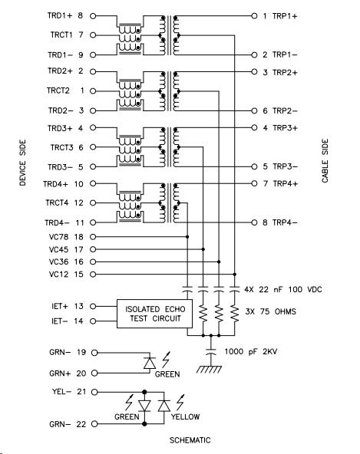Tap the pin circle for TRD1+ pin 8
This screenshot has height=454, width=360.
pyautogui.click(x=93, y=16)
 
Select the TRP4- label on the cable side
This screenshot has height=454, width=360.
pyautogui.click(x=285, y=222)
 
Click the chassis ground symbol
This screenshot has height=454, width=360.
pyautogui.click(x=209, y=369)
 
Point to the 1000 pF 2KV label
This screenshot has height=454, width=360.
pyautogui.click(x=251, y=351)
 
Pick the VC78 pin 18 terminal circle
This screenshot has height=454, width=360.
pyautogui.click(x=93, y=237)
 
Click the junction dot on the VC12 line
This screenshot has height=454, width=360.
pyautogui.click(x=234, y=275)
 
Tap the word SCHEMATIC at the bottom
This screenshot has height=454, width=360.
pyautogui.click(x=190, y=440)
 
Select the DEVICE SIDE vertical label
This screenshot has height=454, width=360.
pyautogui.click(x=22, y=163)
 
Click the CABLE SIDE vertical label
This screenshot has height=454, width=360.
pyautogui.click(x=325, y=160)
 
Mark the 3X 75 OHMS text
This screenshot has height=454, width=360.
pyautogui.click(x=271, y=311)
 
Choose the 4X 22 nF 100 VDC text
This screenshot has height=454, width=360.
pyautogui.click(x=283, y=289)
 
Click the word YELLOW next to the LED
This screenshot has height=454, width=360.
pyautogui.click(x=185, y=416)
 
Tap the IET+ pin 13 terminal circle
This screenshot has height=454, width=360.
pyautogui.click(x=93, y=306)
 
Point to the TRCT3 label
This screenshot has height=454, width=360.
pyautogui.click(x=61, y=147)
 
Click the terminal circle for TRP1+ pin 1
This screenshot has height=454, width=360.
pyautogui.click(x=254, y=16)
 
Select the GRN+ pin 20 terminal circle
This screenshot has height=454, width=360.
pyautogui.click(x=94, y=373)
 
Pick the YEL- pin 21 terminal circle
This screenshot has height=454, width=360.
pyautogui.click(x=94, y=392)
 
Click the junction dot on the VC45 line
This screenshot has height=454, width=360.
pyautogui.click(x=203, y=249)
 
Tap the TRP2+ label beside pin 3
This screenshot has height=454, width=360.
pyautogui.click(x=285, y=72)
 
